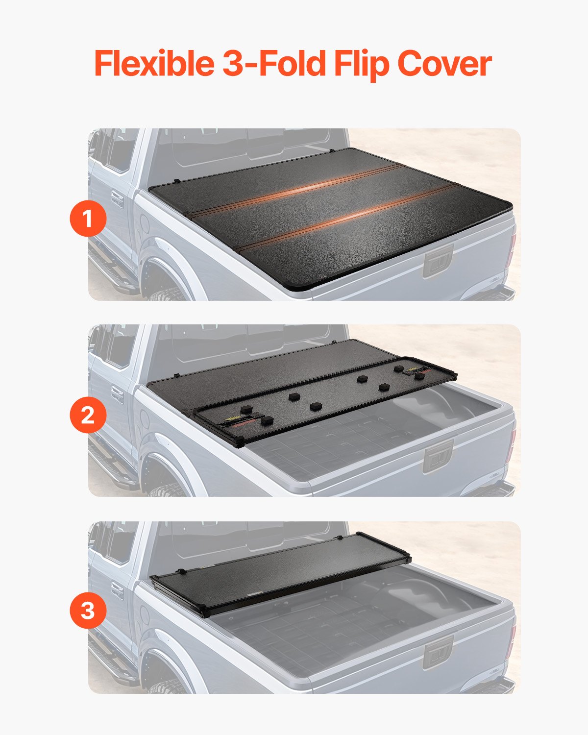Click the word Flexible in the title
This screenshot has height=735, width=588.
pyautogui.click(x=153, y=64)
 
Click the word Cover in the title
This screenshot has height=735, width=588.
pyautogui.click(x=444, y=64)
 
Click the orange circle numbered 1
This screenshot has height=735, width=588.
pyautogui.click(x=88, y=219)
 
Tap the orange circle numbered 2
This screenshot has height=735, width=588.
pyautogui.click(x=88, y=415)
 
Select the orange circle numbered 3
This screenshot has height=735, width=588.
pyautogui.click(x=88, y=611)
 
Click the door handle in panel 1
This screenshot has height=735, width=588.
pyautogui.click(x=117, y=198)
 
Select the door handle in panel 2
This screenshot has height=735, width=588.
pyautogui.click(x=117, y=394)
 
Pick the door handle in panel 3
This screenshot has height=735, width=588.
pyautogui.click(x=117, y=590)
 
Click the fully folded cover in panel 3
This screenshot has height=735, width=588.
pyautogui.click(x=279, y=573)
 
